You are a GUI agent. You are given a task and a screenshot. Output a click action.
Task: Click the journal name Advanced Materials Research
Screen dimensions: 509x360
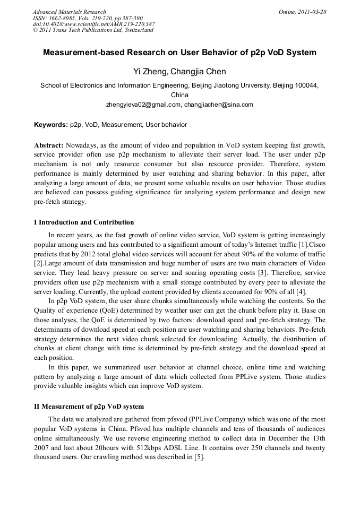(x=69, y=12)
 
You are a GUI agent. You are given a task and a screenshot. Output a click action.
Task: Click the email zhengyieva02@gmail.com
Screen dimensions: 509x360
(x=143, y=105)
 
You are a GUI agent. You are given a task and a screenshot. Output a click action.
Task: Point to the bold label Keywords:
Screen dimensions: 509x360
(x=51, y=125)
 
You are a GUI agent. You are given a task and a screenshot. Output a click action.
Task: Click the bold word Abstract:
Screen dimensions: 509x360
(x=49, y=145)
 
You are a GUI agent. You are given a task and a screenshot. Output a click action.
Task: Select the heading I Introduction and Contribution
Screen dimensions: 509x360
(x=84, y=222)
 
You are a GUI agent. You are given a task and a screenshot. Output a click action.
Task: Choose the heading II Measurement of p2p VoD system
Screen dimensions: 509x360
(x=89, y=407)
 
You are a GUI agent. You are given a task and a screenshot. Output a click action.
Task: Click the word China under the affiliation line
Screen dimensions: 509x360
(x=180, y=94)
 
